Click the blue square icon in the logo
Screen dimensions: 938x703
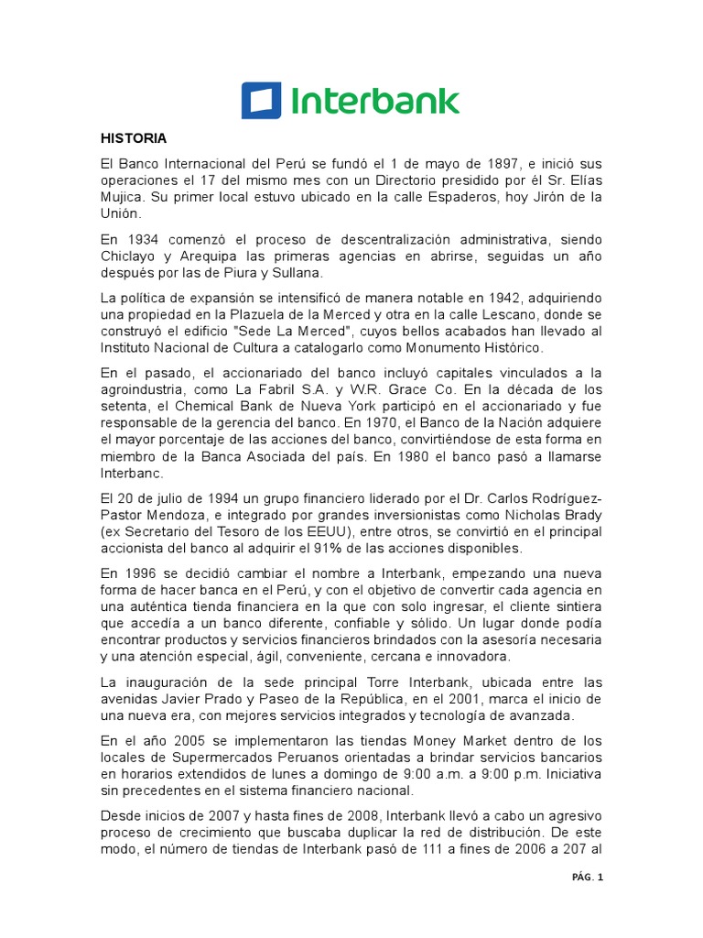coord(261,101)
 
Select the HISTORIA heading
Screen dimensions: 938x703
coord(134,139)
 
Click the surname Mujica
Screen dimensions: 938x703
coord(123,197)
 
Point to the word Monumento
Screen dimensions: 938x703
coord(432,349)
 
